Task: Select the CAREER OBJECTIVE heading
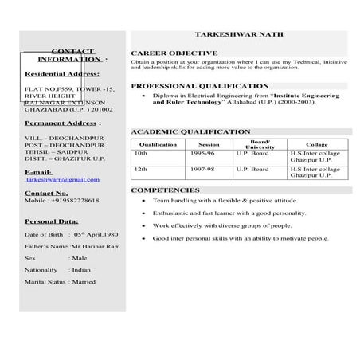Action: [x=174, y=53]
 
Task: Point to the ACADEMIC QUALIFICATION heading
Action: [x=190, y=131]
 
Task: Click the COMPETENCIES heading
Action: [x=165, y=190]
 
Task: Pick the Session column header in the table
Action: [x=209, y=144]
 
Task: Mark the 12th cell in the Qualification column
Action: [x=142, y=169]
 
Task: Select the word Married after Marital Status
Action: [x=84, y=281]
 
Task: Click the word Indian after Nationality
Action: [x=82, y=270]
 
